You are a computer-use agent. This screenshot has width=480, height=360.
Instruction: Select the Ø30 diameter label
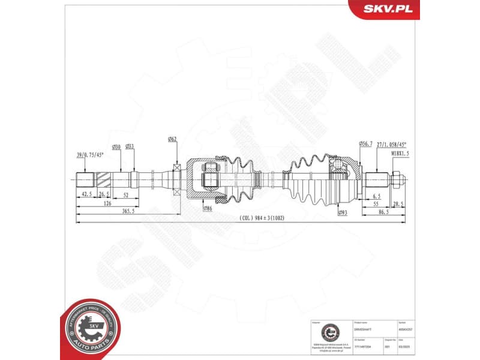[x=116, y=146]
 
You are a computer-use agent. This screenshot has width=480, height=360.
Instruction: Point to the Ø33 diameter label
[x=130, y=146]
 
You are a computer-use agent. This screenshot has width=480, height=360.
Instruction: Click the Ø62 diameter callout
[x=172, y=140]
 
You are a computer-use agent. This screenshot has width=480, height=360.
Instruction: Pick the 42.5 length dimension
[x=86, y=194]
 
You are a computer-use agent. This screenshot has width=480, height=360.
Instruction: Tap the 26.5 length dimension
[x=104, y=194]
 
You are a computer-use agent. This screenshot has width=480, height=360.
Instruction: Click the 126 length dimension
[x=108, y=203]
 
